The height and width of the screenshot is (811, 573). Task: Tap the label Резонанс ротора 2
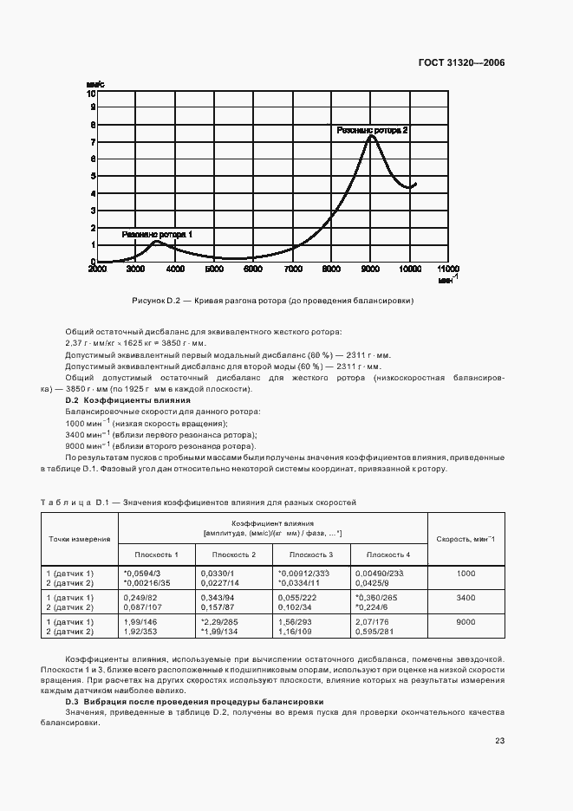click(x=372, y=130)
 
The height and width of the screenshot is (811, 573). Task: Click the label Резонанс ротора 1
click(x=157, y=234)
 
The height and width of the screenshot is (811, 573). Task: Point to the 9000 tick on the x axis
click(x=371, y=270)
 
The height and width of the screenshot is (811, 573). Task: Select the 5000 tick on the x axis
click(x=214, y=270)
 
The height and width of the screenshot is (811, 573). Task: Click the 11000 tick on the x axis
click(x=448, y=270)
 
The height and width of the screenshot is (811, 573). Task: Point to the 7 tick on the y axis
click(x=92, y=141)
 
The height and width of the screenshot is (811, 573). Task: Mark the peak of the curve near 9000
click(x=371, y=136)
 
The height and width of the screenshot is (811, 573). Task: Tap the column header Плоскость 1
click(x=156, y=555)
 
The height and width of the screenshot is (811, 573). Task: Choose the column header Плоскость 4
click(x=388, y=555)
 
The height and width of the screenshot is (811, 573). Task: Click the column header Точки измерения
click(x=78, y=539)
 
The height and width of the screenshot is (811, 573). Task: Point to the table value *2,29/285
click(x=218, y=622)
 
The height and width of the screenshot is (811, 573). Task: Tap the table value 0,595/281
click(x=374, y=633)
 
